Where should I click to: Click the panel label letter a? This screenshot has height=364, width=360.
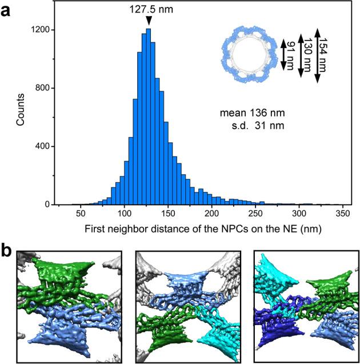[7, 10]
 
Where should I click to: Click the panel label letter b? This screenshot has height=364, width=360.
[7, 236]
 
